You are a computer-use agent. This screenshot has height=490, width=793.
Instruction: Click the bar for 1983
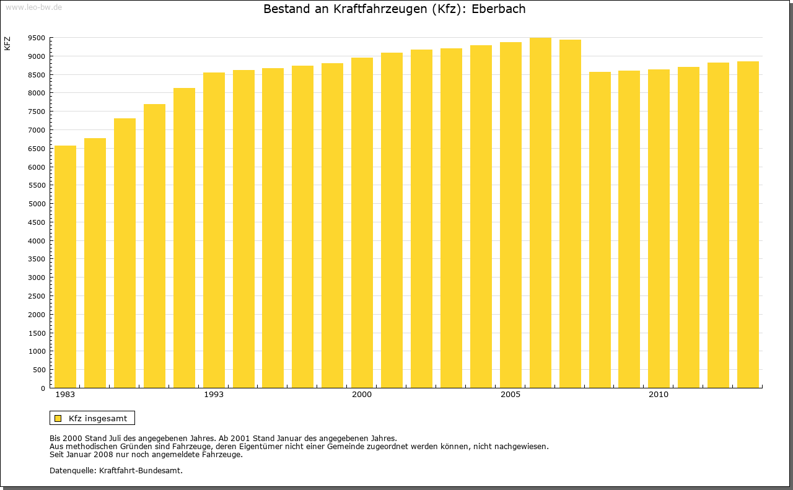pos(65,266)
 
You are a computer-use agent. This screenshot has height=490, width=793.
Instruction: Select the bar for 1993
pos(214,230)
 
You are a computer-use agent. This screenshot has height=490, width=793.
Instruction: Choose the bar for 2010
pos(659,229)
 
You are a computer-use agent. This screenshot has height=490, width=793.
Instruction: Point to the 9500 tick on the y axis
pos(37,38)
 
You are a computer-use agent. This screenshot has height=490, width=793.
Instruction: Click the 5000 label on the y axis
pos(37,204)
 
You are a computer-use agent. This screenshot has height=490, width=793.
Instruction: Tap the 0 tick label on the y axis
pos(42,388)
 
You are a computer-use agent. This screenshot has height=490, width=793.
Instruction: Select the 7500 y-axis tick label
pos(37,112)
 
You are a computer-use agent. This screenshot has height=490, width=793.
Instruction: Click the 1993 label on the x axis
pos(214,395)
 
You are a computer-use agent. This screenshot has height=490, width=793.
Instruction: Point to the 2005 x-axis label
pos(510,395)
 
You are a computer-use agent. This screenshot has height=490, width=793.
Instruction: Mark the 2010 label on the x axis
pos(659,395)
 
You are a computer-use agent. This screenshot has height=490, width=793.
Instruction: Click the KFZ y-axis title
pos(7,43)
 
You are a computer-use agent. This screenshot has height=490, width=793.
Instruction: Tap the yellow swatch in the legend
pos(58,418)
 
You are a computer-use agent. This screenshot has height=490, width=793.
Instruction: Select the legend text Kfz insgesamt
pos(98,418)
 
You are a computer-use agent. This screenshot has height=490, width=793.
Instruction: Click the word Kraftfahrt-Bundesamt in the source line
pos(141,470)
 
